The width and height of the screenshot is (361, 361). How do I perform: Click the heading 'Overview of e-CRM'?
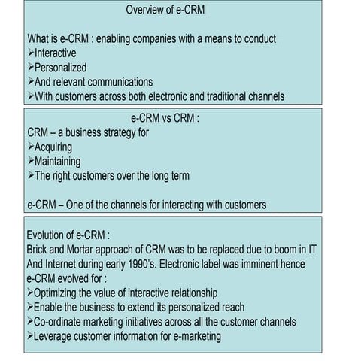click(165, 10)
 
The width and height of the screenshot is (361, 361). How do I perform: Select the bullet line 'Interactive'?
click(56, 53)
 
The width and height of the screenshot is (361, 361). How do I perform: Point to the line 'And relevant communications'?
click(93, 81)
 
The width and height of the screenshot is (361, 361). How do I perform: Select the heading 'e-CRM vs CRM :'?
click(165, 118)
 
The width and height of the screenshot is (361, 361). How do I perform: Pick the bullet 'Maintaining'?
click(57, 161)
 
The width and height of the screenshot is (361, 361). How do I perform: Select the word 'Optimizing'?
click(61, 292)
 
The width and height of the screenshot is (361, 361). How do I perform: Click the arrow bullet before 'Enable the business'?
click(30, 307)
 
